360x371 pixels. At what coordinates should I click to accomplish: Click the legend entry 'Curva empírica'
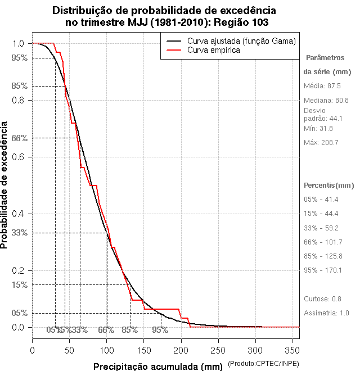tap(214, 51)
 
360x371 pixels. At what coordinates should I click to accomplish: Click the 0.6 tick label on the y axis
tap(17, 157)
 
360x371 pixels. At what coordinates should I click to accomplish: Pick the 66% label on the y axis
tap(19, 138)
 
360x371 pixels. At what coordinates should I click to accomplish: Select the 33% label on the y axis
tap(19, 232)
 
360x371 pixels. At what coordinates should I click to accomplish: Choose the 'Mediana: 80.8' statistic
tap(326, 100)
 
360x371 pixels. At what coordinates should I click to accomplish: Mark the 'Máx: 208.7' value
tap(321, 143)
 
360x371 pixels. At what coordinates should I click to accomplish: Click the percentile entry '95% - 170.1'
tap(323, 270)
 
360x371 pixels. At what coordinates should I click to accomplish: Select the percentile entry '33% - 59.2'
tap(321, 228)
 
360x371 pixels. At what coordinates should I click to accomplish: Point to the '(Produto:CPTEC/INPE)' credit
tap(263, 365)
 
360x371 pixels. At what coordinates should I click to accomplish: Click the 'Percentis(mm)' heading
tap(328, 185)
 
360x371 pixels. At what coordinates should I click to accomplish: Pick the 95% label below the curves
tap(160, 330)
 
